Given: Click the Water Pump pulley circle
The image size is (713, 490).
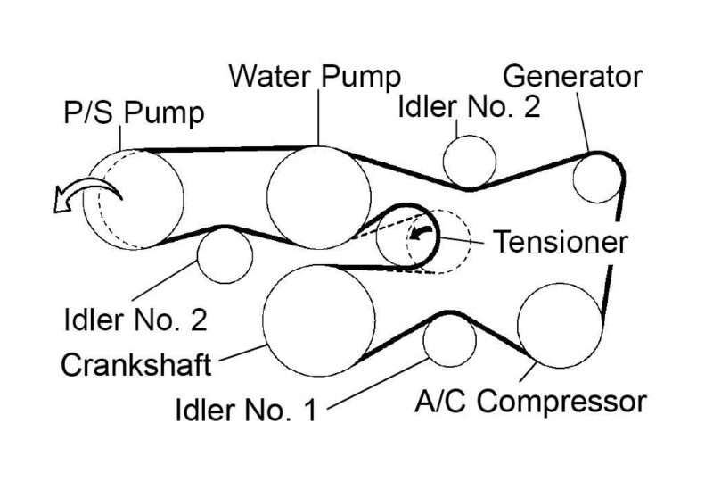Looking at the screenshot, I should (x=318, y=197).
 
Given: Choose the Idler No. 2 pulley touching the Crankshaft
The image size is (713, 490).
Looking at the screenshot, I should (x=224, y=255).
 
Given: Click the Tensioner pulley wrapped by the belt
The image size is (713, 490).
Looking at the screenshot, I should (x=403, y=237).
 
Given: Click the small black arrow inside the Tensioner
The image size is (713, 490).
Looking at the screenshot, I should (x=422, y=233).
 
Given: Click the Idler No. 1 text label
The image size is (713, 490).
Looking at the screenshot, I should (x=248, y=411).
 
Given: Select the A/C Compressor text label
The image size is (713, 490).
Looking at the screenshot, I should (x=530, y=402).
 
